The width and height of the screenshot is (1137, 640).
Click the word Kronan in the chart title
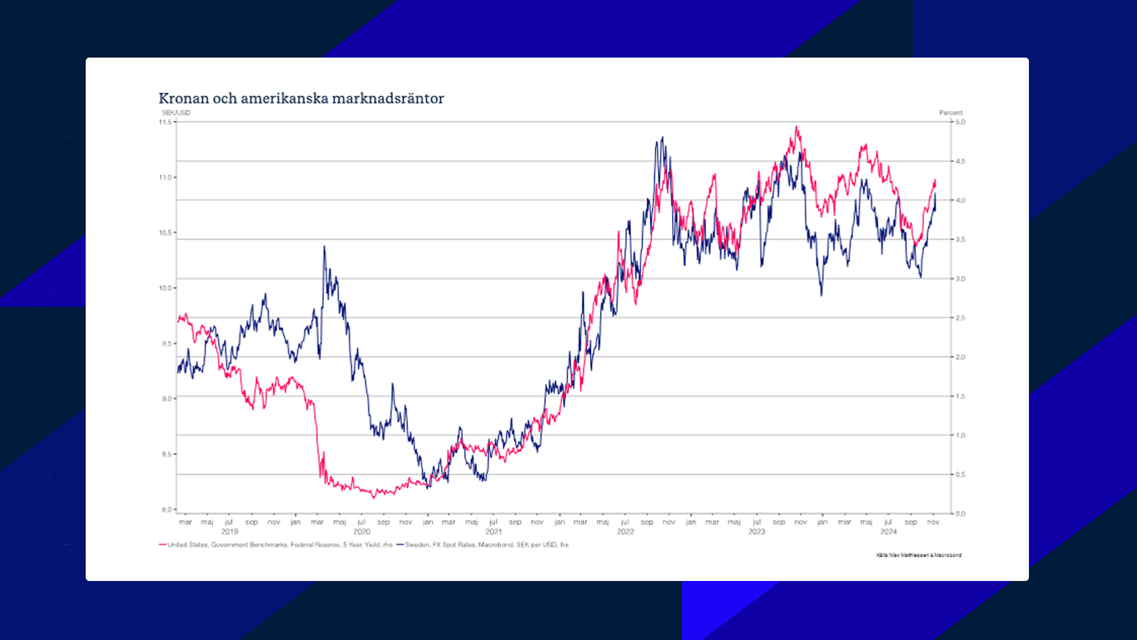point(184,99)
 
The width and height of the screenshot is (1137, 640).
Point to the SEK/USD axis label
point(176,113)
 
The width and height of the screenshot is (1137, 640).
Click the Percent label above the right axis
point(951,113)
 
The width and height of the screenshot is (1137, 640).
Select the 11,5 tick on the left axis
point(166,122)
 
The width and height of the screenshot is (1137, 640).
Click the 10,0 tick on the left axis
point(166,288)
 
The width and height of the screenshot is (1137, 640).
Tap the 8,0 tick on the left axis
point(166,510)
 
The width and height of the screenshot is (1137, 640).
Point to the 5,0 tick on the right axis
point(961,122)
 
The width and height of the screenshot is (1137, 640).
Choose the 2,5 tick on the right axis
point(961,318)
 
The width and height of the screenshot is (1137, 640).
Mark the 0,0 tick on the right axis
point(961,513)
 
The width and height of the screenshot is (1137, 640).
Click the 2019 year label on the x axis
point(230,532)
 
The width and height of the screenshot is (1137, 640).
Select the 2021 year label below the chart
point(493,532)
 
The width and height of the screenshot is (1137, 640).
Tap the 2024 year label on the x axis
point(889,532)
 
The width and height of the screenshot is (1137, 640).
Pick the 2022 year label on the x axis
point(625,532)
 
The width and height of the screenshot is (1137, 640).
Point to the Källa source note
point(919,555)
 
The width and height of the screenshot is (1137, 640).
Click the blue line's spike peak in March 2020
point(324,247)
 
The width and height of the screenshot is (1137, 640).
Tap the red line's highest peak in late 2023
point(796,127)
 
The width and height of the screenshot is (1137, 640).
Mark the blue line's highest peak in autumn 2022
point(662,137)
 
